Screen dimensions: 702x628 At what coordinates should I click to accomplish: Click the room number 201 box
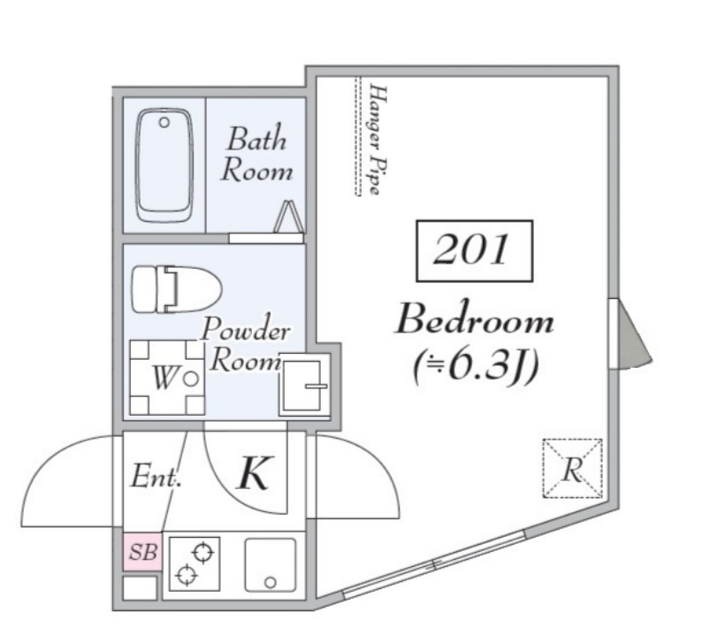tap(474, 251)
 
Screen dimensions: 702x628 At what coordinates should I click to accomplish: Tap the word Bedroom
tap(474, 319)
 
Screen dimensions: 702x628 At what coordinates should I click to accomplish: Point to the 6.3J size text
tap(475, 367)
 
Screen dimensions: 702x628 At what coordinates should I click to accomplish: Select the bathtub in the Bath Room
tap(164, 165)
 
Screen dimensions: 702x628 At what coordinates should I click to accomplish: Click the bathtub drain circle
tap(164, 122)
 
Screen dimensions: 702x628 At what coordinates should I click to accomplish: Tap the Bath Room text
tap(256, 154)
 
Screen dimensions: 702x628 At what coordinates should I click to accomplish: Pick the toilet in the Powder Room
tap(177, 289)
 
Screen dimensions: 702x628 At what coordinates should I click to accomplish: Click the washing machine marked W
tap(167, 378)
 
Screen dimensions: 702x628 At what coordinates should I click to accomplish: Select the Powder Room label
tap(246, 344)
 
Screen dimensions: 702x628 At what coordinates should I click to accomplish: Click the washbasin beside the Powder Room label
tap(304, 386)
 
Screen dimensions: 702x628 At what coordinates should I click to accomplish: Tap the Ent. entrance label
tap(156, 476)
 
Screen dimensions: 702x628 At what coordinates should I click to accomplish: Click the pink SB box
tap(143, 552)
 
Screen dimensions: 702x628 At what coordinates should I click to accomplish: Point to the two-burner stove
tap(195, 564)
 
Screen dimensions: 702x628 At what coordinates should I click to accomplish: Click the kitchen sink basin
tap(271, 565)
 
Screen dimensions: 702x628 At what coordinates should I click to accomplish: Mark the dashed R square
tap(573, 469)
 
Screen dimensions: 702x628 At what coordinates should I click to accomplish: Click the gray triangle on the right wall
tap(631, 334)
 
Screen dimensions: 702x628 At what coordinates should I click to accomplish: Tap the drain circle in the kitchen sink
tap(270, 583)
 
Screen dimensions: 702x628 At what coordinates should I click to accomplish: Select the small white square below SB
tap(140, 587)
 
